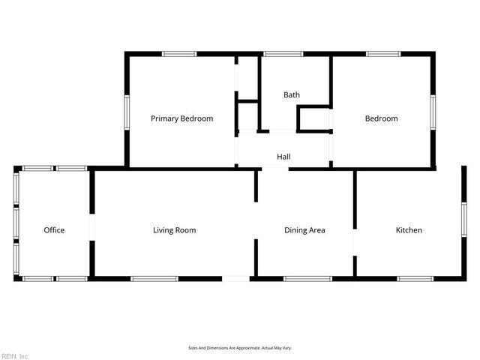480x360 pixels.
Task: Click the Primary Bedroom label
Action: point(181,118)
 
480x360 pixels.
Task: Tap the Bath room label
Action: point(292,95)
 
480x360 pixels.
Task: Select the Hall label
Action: point(283,157)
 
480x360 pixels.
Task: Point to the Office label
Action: point(54,230)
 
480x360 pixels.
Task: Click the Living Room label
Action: point(174,230)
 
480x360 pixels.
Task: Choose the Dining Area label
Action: point(304,230)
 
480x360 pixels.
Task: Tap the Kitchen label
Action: point(409,230)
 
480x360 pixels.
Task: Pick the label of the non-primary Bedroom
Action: point(381,118)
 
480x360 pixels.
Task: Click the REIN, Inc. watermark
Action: point(15,355)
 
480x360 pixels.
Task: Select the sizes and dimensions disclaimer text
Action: point(240,348)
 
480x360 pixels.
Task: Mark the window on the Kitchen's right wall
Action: point(464,225)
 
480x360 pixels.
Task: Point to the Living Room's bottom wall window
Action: point(154,279)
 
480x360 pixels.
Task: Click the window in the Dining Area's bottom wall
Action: point(307,279)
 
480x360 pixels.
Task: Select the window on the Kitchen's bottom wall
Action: point(415,279)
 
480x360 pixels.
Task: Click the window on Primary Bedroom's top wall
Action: point(180,53)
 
